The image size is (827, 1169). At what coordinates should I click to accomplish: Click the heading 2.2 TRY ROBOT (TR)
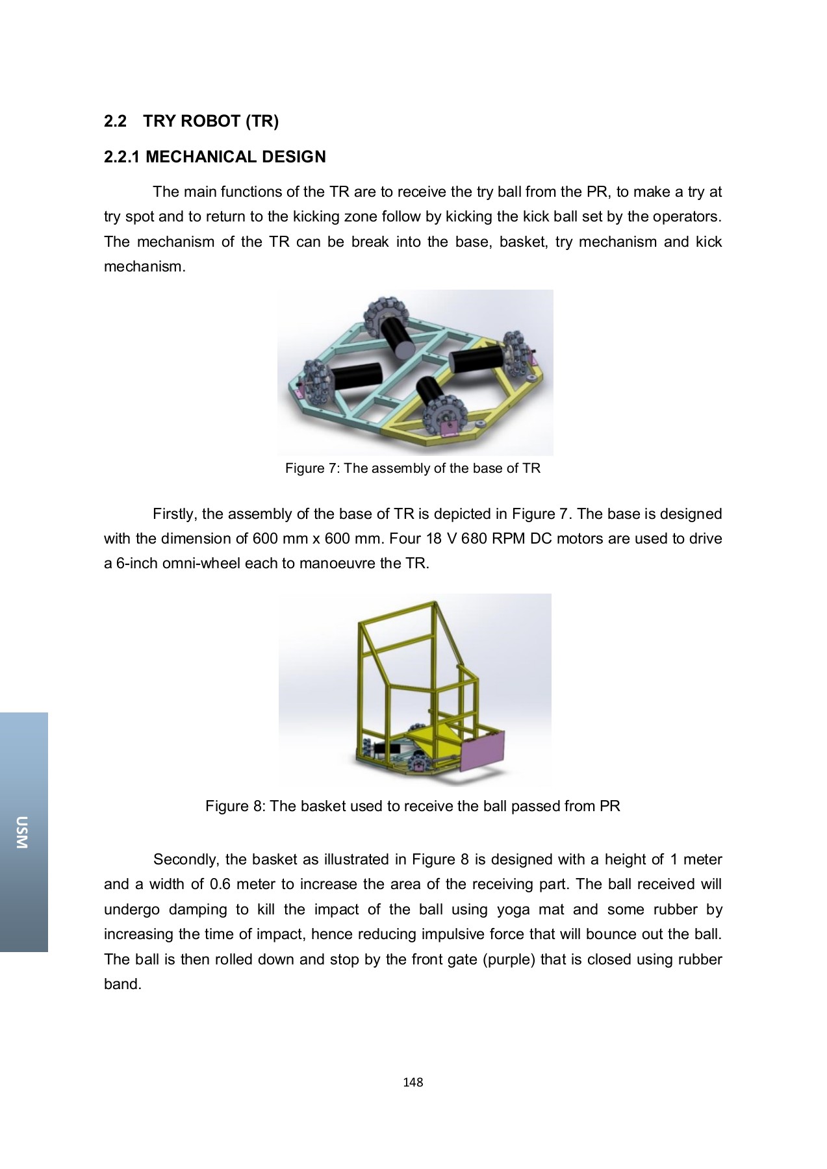(191, 121)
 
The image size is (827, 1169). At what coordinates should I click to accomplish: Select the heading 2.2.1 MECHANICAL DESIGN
(214, 157)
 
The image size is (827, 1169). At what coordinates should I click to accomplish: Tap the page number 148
(413, 1082)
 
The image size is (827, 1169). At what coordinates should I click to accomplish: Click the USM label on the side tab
(23, 832)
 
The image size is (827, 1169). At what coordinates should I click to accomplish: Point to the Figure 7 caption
(413, 468)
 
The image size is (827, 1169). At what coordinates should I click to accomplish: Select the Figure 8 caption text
(413, 807)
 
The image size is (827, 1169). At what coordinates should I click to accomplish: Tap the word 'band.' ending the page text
(123, 985)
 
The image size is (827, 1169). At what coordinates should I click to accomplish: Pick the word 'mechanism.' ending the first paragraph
(144, 267)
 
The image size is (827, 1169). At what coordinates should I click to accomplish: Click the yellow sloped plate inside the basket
(432, 736)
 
